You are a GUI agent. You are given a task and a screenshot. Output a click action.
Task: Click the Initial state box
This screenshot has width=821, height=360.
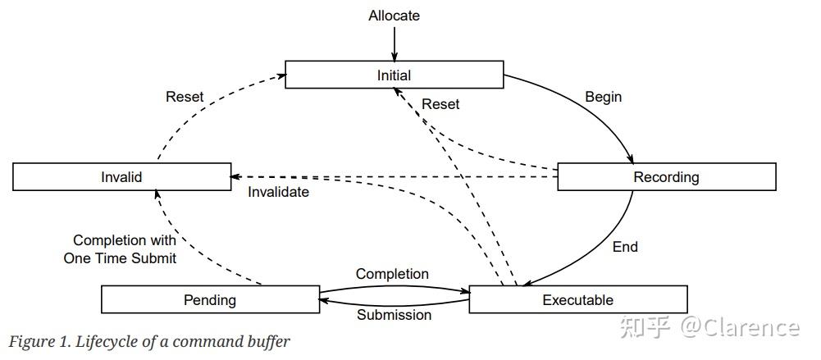click(x=394, y=75)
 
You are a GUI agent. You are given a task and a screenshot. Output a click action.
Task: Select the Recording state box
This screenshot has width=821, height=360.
click(x=666, y=177)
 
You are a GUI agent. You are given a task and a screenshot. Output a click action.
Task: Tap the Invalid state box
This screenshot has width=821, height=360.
click(x=121, y=177)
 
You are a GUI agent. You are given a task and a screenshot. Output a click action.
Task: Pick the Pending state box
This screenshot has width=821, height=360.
click(x=210, y=299)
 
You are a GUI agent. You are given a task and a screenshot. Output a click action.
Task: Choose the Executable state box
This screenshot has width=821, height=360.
click(x=577, y=299)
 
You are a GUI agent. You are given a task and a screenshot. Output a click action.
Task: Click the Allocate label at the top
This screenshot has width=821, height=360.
click(x=394, y=16)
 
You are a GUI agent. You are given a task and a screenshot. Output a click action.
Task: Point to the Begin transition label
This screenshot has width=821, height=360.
click(x=603, y=97)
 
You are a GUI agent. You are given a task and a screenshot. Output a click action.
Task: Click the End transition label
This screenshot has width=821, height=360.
click(x=625, y=246)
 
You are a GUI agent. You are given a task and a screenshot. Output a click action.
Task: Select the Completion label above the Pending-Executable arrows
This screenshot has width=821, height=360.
click(x=392, y=274)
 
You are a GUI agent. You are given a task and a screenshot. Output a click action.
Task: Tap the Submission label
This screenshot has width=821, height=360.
click(x=394, y=315)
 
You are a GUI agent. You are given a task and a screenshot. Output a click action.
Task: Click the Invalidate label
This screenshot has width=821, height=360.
click(x=279, y=192)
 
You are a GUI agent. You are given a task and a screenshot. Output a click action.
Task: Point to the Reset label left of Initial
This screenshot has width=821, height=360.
click(x=185, y=97)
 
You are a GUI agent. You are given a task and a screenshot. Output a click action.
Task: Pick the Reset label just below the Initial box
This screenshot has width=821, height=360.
click(x=440, y=104)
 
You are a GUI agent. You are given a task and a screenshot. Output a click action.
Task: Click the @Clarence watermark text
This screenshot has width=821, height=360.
click(x=738, y=327)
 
